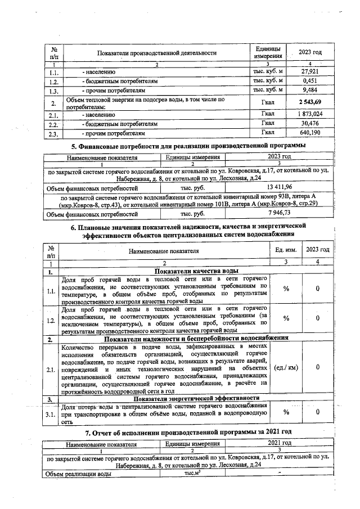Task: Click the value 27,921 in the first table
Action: [x=310, y=71]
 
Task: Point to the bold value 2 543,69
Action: [x=310, y=102]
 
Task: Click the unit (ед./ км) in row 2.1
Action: [x=286, y=367]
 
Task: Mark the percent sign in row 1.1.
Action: [x=286, y=289]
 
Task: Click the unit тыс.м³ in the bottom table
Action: [x=193, y=474]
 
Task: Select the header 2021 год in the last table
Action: [x=279, y=444]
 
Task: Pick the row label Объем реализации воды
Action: [x=79, y=474]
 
